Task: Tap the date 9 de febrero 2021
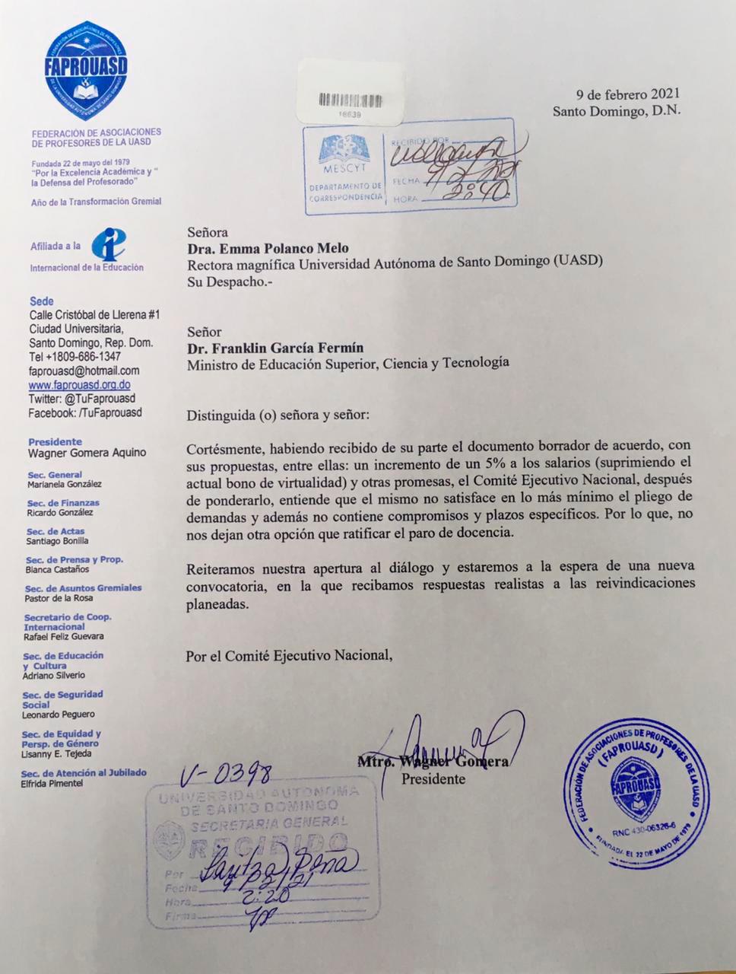pos(628,94)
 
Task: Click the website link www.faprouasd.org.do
pos(79,385)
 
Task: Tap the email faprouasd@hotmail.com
pos(84,371)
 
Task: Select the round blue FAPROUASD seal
pos(637,792)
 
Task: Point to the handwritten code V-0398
pos(226,775)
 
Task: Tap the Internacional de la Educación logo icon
pos(109,245)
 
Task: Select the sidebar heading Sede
pos(41,301)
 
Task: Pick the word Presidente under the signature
pos(433,778)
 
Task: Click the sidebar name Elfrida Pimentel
pos(52,783)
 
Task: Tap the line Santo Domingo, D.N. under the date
pos(617,110)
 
